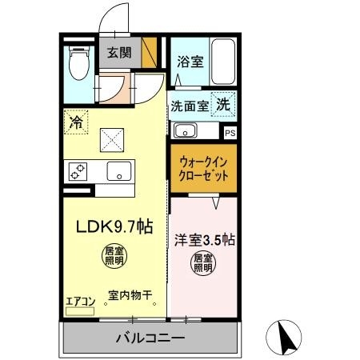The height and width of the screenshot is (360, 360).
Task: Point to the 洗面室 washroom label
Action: (188, 105)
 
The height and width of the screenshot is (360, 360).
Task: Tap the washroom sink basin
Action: (186, 131)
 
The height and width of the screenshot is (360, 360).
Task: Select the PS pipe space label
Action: (230, 134)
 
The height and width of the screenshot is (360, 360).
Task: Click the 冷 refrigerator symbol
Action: (75, 123)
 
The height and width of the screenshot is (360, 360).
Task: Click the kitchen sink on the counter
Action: (120, 170)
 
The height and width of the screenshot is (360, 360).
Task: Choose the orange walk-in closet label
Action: (203, 168)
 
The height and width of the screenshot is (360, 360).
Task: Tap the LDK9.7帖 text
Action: (114, 227)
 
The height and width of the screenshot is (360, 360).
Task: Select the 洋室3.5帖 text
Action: (203, 238)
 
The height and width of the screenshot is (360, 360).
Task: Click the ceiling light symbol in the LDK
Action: (114, 256)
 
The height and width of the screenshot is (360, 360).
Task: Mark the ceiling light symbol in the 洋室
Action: (203, 263)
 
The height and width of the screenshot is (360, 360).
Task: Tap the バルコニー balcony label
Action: (149, 338)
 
